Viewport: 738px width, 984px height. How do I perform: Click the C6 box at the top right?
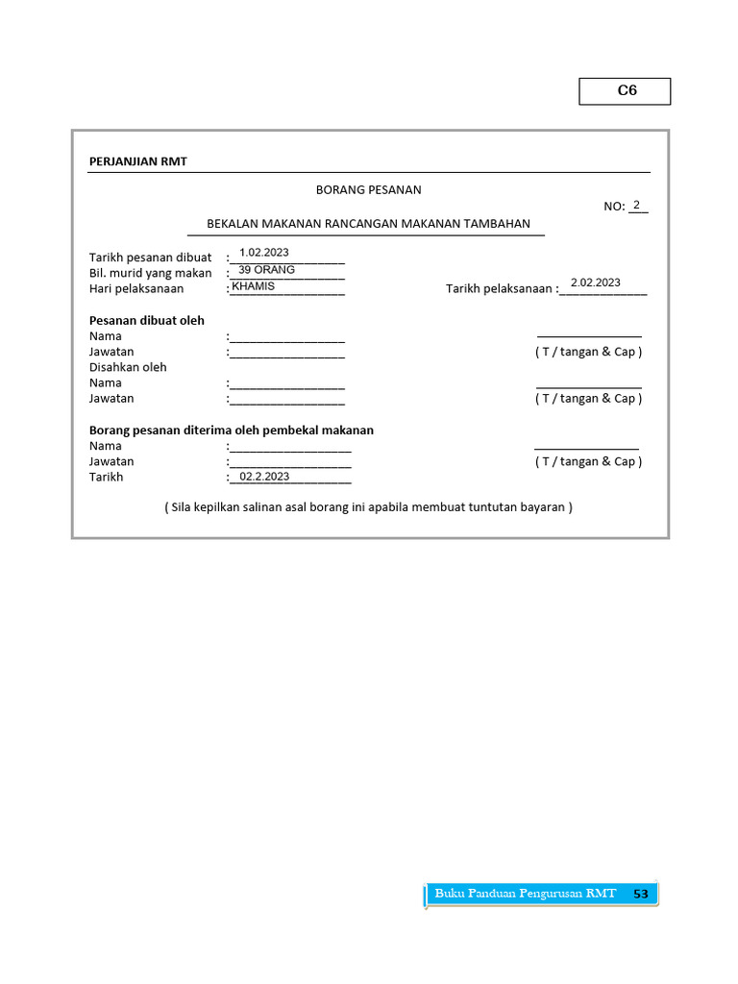(626, 91)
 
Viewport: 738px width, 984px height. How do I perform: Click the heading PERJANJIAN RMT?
(138, 161)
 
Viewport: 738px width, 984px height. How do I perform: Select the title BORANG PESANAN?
(369, 190)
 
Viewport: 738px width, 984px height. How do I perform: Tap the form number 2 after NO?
(637, 205)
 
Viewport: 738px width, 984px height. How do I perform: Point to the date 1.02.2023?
(264, 253)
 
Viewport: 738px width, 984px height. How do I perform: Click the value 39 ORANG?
(266, 270)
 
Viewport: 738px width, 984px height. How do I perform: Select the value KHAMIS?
(254, 286)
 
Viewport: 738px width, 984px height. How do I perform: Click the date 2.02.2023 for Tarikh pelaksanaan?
(596, 283)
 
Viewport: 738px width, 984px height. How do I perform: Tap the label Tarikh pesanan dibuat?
(151, 258)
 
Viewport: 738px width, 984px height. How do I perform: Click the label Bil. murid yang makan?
(151, 273)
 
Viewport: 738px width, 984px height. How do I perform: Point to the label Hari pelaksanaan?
(136, 288)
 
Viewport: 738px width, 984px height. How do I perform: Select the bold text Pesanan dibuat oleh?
(147, 321)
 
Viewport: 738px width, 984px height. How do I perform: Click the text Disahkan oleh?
(128, 367)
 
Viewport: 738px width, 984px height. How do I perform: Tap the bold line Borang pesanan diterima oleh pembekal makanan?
(232, 430)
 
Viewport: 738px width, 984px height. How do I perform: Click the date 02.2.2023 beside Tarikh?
(264, 477)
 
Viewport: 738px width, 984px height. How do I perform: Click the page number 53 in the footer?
(641, 895)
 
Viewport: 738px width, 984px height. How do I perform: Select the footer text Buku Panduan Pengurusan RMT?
(525, 894)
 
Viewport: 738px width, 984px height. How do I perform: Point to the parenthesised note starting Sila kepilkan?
(368, 506)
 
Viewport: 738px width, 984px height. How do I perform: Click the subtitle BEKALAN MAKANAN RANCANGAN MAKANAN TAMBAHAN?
(369, 224)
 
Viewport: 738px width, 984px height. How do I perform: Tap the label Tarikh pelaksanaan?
(500, 288)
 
